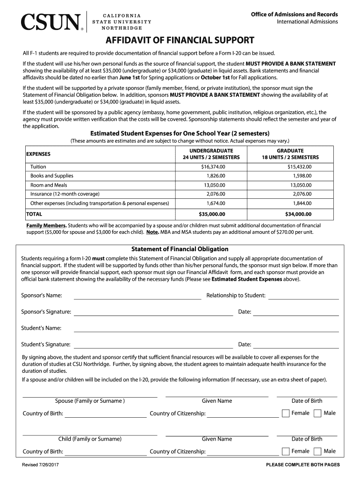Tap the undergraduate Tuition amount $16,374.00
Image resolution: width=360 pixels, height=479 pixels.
213,167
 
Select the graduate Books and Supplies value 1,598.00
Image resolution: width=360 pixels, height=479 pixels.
302,176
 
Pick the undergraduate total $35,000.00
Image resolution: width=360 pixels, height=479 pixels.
212,214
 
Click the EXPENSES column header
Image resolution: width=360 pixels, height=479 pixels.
38,154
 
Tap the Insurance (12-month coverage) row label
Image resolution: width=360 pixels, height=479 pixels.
65,194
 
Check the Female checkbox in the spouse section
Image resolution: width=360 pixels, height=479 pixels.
285,414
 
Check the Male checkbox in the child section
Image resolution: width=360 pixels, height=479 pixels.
317,451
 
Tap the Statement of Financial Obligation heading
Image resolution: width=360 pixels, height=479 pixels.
180,249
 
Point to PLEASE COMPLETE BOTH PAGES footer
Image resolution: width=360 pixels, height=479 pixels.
302,465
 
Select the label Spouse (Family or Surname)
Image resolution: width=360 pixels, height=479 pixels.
90,401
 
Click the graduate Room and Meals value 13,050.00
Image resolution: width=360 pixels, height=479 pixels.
300,185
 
